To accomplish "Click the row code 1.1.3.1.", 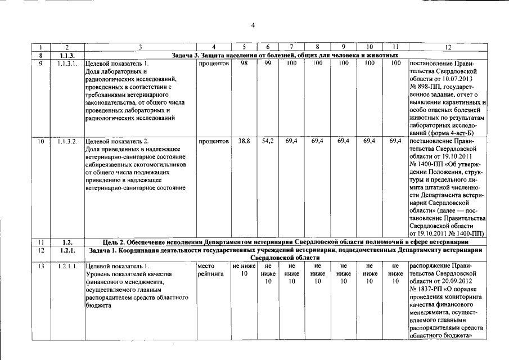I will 67,64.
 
